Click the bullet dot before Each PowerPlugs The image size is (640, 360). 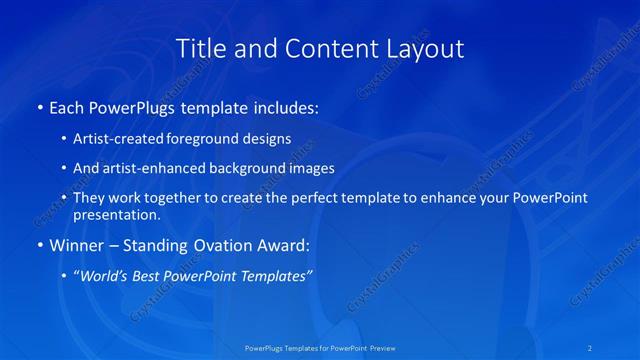point(39,107)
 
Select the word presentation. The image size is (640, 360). point(116,215)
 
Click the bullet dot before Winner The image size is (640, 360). point(39,245)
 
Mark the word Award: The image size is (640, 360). point(284,245)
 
